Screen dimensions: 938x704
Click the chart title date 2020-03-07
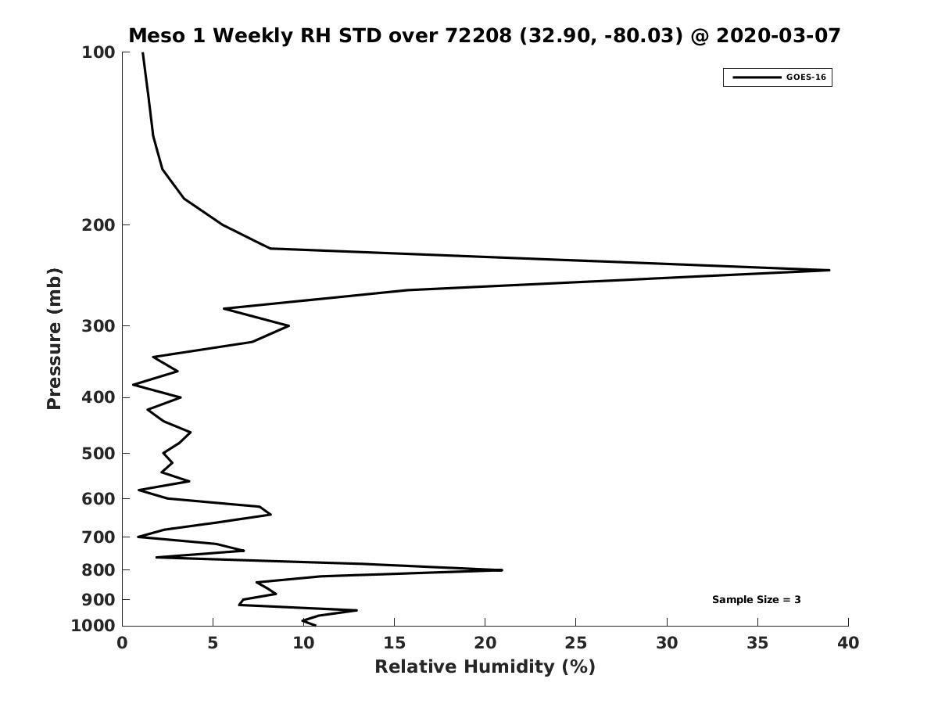tap(778, 36)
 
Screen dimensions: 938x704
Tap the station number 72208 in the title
tap(478, 36)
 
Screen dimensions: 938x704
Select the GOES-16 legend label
tap(806, 77)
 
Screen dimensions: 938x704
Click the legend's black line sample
tap(757, 77)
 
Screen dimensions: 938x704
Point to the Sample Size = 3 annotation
tap(756, 599)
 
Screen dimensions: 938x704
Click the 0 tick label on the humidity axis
tap(122, 643)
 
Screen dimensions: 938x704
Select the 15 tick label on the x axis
tap(394, 643)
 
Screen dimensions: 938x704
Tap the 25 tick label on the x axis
tap(575, 643)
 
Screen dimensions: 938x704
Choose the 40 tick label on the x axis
tap(848, 643)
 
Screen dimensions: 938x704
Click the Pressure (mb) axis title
tap(54, 339)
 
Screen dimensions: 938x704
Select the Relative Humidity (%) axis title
tap(485, 666)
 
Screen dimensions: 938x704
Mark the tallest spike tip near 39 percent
tap(829, 270)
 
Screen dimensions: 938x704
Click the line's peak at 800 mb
tap(502, 569)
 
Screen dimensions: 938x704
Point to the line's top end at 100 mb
tap(143, 53)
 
